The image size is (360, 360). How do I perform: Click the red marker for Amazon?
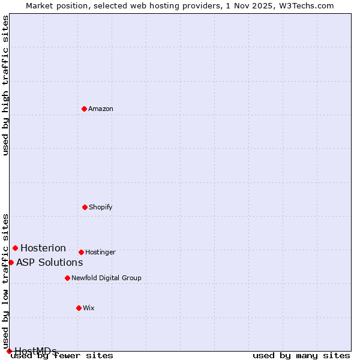[84, 109]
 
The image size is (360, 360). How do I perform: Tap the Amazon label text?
[101, 109]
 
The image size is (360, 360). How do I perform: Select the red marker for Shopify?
[85, 207]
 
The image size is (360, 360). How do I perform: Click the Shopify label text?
[101, 208]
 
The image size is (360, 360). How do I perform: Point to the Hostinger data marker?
[81, 252]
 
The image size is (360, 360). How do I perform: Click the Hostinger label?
[100, 253]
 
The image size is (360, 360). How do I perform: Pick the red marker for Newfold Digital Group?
[67, 278]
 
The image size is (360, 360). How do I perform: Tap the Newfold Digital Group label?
[106, 278]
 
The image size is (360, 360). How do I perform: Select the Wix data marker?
[79, 308]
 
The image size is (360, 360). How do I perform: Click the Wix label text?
[89, 308]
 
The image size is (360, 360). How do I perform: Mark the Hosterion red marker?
[15, 248]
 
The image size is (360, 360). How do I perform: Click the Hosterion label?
[43, 248]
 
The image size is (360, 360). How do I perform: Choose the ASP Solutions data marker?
[11, 262]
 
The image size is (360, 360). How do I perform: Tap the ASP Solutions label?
[49, 263]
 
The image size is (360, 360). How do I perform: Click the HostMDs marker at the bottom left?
[9, 351]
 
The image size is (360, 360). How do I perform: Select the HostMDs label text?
[35, 351]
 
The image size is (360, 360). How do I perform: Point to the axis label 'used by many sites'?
[301, 356]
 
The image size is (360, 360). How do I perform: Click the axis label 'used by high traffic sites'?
[5, 85]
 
